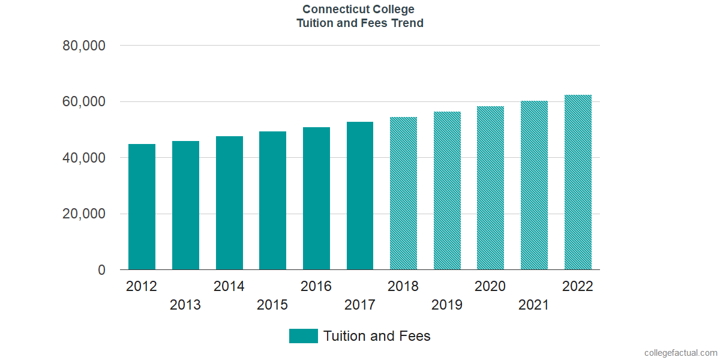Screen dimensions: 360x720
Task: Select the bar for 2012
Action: pyautogui.click(x=142, y=207)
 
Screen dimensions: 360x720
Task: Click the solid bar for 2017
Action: pyautogui.click(x=360, y=196)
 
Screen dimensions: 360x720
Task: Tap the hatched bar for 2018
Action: pyautogui.click(x=403, y=193)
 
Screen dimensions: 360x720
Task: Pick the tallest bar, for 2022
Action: pyautogui.click(x=578, y=182)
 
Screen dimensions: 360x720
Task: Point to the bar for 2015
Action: pyautogui.click(x=272, y=200)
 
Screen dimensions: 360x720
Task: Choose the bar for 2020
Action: pyautogui.click(x=490, y=188)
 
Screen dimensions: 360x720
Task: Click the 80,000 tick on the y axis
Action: pyautogui.click(x=84, y=46)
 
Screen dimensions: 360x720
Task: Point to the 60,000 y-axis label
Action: pyautogui.click(x=84, y=102)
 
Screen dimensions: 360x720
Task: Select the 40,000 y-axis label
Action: pyautogui.click(x=84, y=158)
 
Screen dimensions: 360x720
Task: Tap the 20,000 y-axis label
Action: pyautogui.click(x=84, y=214)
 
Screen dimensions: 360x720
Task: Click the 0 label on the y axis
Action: pyautogui.click(x=102, y=271)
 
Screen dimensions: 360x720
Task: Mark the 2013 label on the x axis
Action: pyautogui.click(x=185, y=305)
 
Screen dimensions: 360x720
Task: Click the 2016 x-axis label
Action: pyautogui.click(x=316, y=286)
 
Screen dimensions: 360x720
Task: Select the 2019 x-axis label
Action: pyautogui.click(x=447, y=305)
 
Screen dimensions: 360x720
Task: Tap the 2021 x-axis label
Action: pyautogui.click(x=534, y=305)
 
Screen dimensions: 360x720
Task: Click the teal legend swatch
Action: pyautogui.click(x=303, y=336)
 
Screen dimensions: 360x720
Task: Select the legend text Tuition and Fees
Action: pyautogui.click(x=377, y=336)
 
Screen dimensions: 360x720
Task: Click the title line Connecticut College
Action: pyautogui.click(x=358, y=9)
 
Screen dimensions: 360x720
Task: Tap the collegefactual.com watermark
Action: pyautogui.click(x=680, y=353)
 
